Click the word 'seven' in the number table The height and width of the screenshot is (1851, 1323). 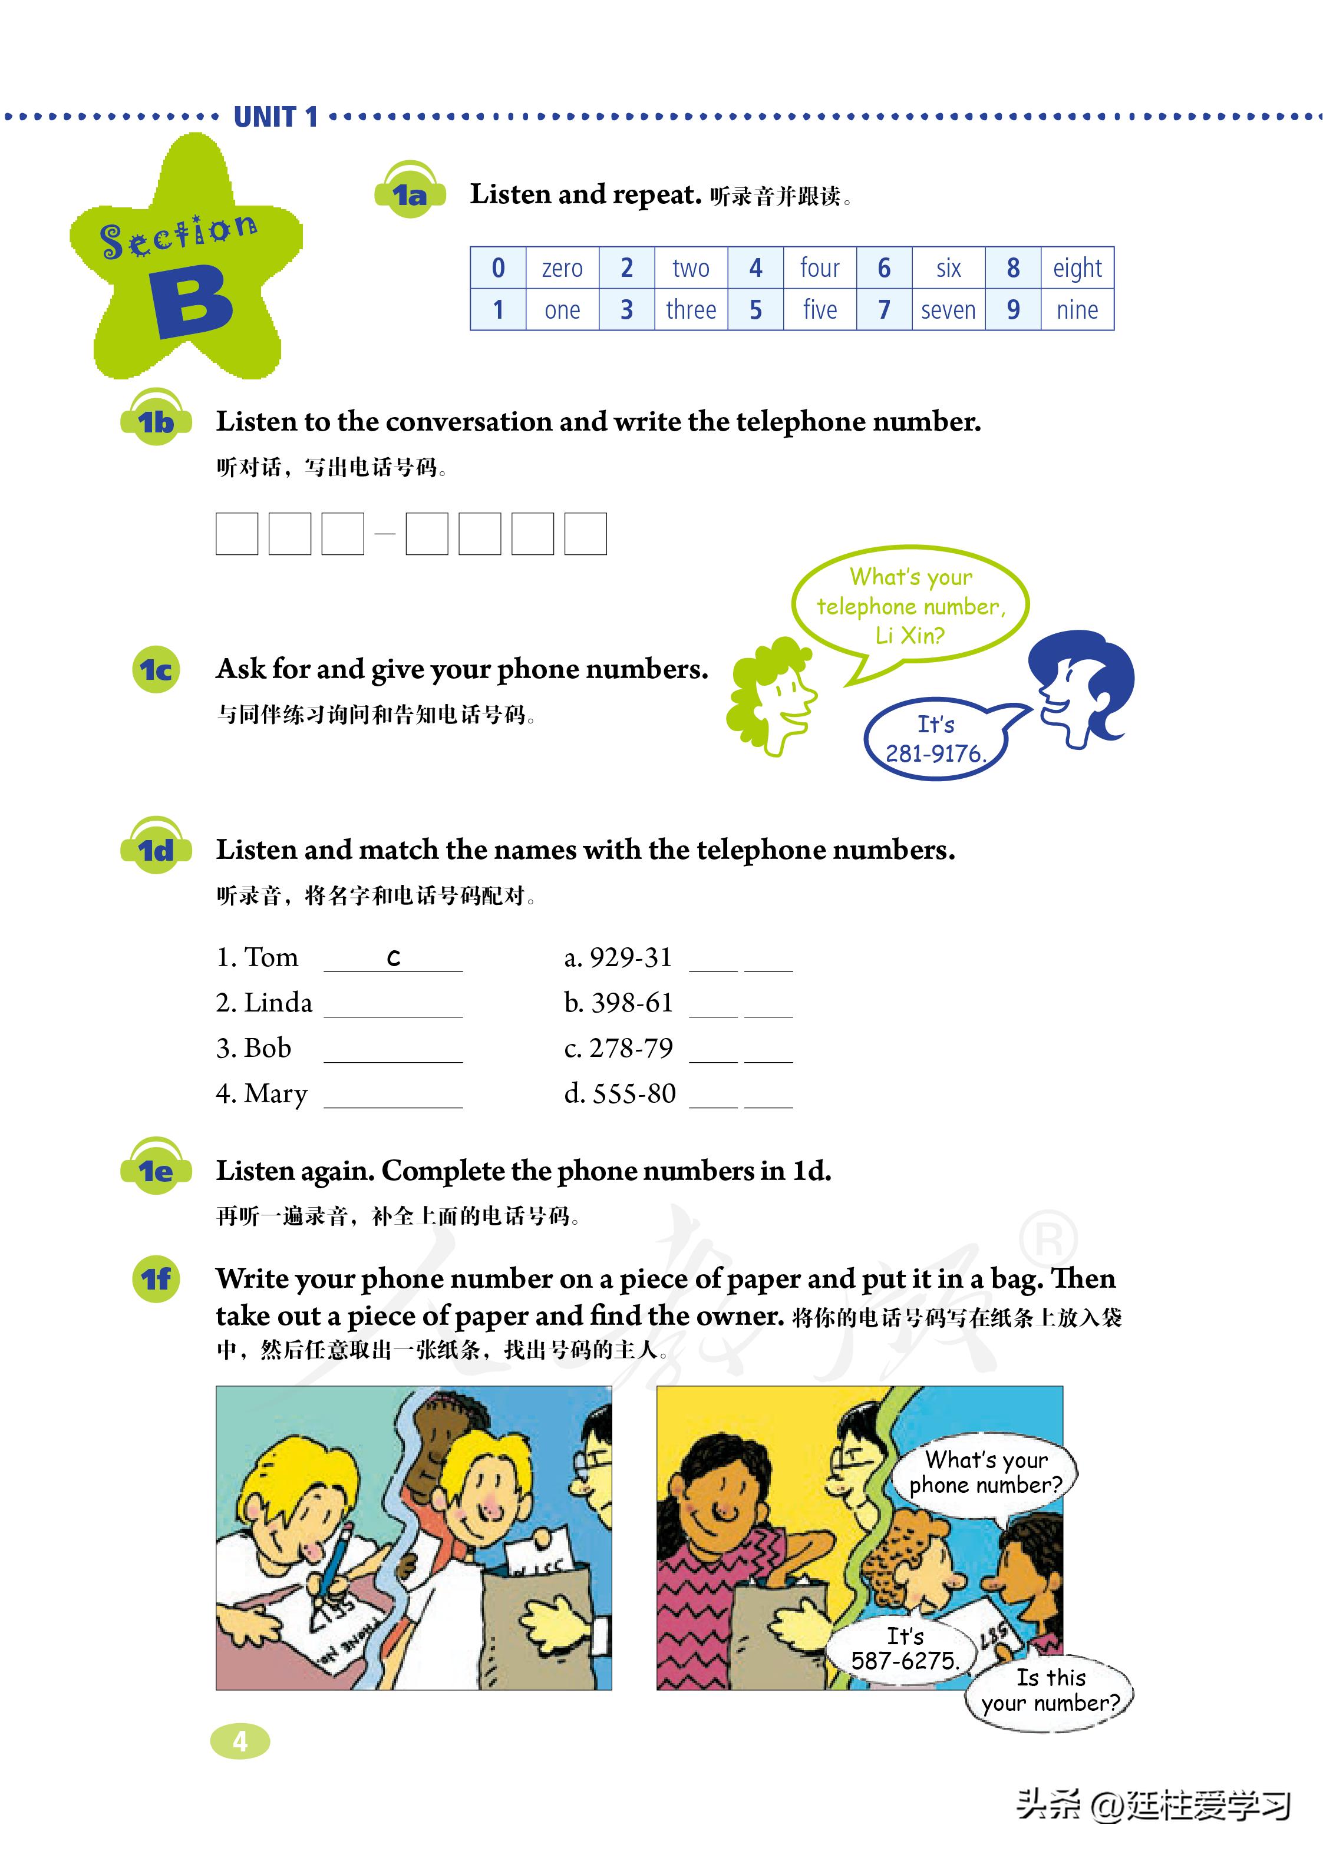[948, 310]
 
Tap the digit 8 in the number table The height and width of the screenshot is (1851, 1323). [1012, 268]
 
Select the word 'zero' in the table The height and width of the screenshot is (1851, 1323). [562, 268]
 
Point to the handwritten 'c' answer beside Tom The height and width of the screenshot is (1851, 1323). [394, 958]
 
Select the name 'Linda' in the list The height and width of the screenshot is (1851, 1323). [278, 1003]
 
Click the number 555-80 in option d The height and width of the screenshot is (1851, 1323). [634, 1093]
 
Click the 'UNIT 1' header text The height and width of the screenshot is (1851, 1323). [275, 117]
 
